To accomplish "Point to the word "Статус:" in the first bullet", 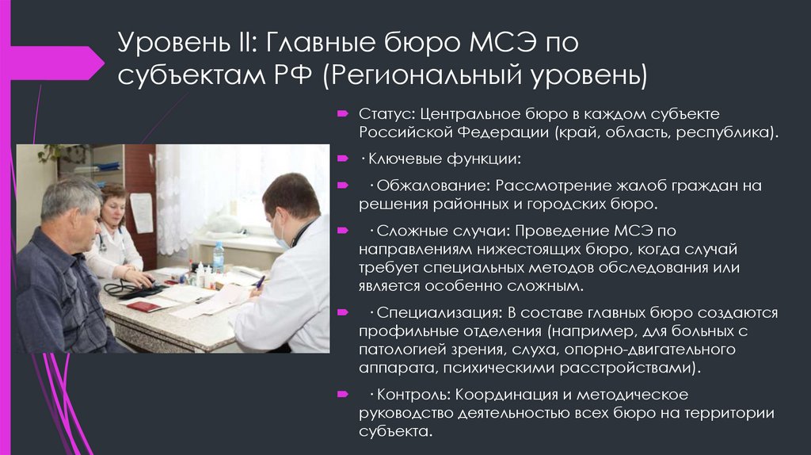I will coord(386,114).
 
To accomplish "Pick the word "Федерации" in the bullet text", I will coord(511,132).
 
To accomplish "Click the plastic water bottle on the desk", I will coord(218,257).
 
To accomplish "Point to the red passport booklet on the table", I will coord(143,306).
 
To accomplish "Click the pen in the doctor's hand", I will coord(259,281).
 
